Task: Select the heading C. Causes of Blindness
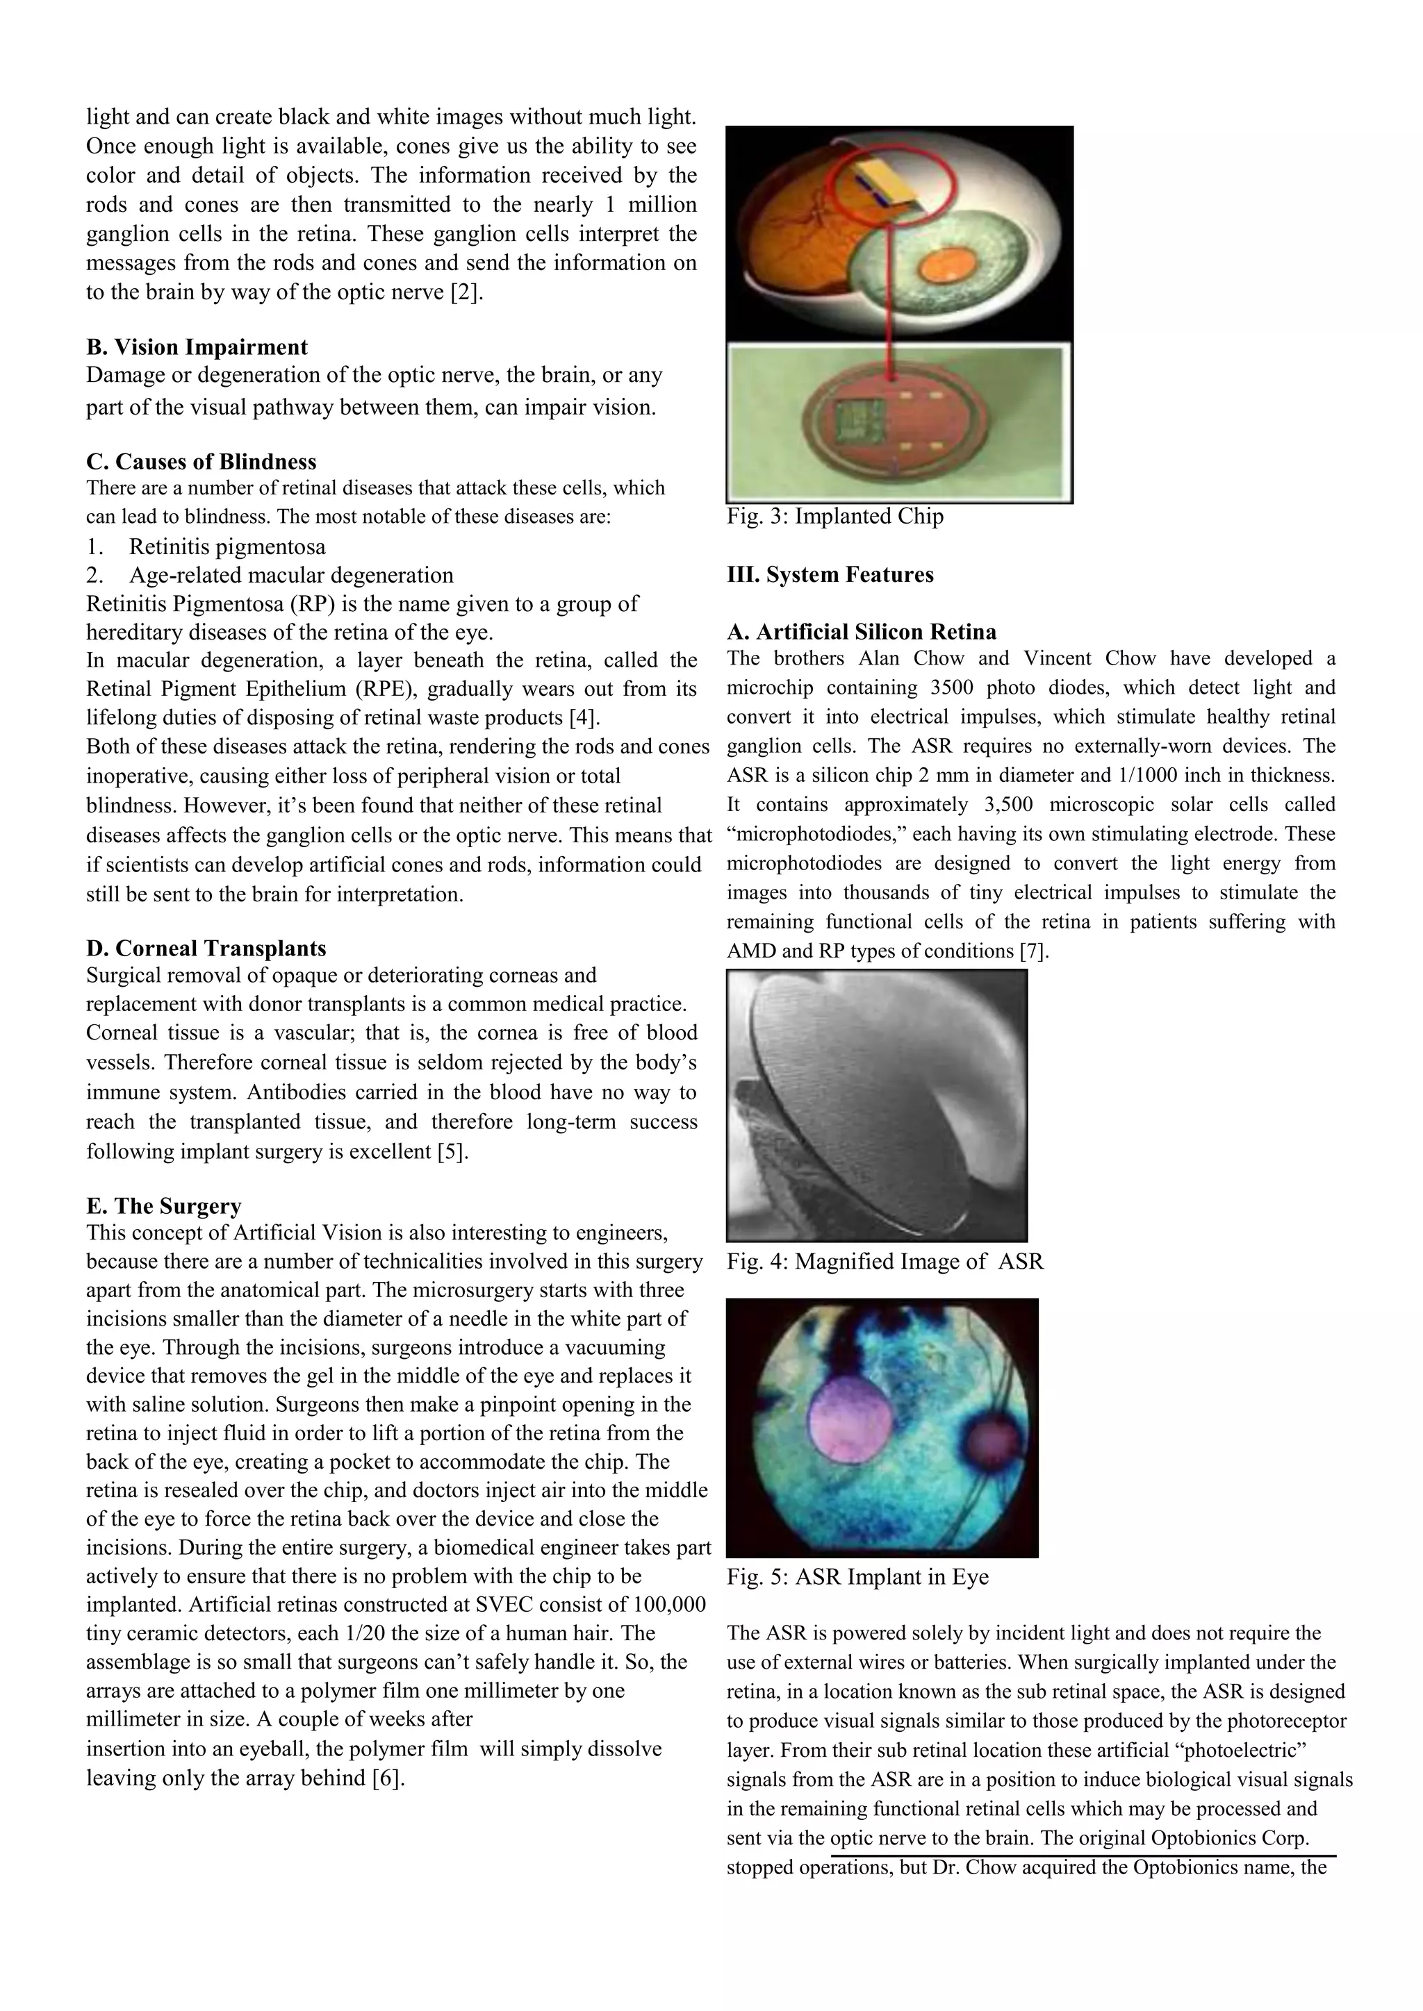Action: [201, 462]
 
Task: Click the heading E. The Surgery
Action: [164, 1206]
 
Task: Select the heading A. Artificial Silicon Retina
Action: [862, 631]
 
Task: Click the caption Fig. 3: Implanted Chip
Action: [835, 516]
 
